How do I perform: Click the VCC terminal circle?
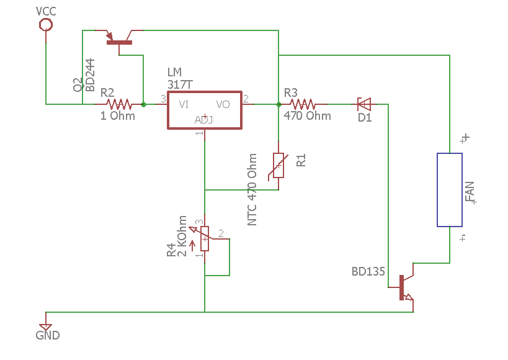(46, 25)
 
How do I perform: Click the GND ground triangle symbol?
(45, 327)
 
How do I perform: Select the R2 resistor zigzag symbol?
(119, 104)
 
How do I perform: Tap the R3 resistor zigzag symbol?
(303, 104)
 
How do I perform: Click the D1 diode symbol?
(364, 104)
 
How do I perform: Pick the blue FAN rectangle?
(449, 190)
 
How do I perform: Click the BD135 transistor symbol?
(405, 287)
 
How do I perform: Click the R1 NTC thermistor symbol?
(278, 165)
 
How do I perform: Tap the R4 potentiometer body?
(205, 239)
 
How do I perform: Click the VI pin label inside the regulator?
(184, 104)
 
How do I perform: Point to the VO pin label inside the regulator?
(223, 104)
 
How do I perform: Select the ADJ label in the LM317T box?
(203, 120)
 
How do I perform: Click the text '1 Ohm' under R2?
(118, 116)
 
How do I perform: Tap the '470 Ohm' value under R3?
(308, 116)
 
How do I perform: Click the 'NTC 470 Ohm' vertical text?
(252, 189)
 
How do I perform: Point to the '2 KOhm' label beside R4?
(182, 236)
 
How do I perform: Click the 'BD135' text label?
(368, 271)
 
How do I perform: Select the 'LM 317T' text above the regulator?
(180, 78)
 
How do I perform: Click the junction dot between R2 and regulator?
(143, 104)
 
